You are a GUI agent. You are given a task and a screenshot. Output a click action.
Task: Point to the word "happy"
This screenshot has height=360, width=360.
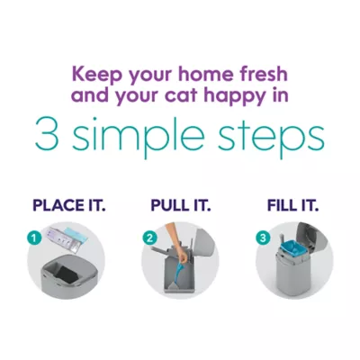pyautogui.click(x=233, y=97)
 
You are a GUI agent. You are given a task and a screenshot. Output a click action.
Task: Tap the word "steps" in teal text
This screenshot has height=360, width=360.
pyautogui.click(x=272, y=136)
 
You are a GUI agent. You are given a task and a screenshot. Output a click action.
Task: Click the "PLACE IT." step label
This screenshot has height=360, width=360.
pyautogui.click(x=69, y=205)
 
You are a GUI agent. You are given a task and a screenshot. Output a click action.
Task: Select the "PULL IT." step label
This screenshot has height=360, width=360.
pyautogui.click(x=181, y=205)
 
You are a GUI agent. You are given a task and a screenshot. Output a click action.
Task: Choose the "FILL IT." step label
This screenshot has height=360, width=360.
pyautogui.click(x=292, y=205)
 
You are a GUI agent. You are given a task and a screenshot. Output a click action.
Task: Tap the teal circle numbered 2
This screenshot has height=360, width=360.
pyautogui.click(x=149, y=238)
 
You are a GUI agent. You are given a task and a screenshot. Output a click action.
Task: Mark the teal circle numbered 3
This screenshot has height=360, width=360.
pyautogui.click(x=263, y=238)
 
